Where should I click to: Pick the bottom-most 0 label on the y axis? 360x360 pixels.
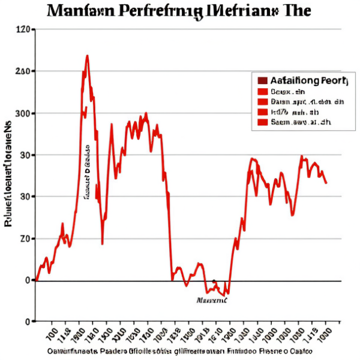pyautogui.click(x=27, y=322)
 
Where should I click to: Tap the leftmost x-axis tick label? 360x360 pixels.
pyautogui.click(x=52, y=332)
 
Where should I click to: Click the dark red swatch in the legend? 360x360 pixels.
pyautogui.click(x=262, y=80)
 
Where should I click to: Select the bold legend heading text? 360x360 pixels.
pyautogui.click(x=305, y=80)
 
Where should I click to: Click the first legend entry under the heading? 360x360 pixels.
pyautogui.click(x=288, y=92)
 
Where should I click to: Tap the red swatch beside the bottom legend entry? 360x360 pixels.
pyautogui.click(x=262, y=122)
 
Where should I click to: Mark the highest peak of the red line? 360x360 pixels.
pyautogui.click(x=88, y=56)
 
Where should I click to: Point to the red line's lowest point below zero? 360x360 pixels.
pyautogui.click(x=226, y=295)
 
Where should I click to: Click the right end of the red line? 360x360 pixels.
pyautogui.click(x=326, y=183)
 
